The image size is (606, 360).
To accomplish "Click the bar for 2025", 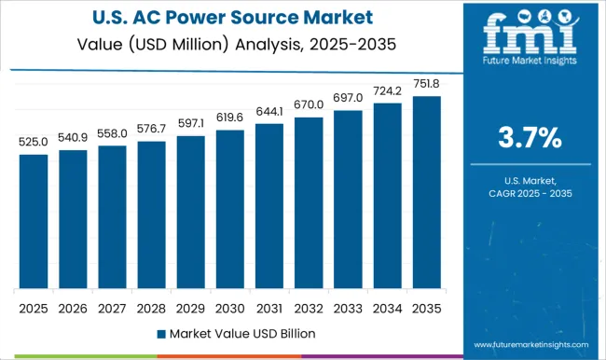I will pyautogui.click(x=34, y=221).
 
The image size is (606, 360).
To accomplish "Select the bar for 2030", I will pyautogui.click(x=229, y=209).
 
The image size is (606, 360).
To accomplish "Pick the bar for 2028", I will pyautogui.click(x=151, y=215).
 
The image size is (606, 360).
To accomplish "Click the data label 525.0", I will pyautogui.click(x=34, y=141).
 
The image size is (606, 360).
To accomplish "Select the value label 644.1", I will pyautogui.click(x=269, y=110).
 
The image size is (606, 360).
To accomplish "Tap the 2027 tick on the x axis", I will pyautogui.click(x=112, y=307).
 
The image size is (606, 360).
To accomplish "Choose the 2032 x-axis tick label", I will pyautogui.click(x=308, y=307).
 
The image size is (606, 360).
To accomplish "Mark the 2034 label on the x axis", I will pyautogui.click(x=386, y=307).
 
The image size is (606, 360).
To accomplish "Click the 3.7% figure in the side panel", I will pyautogui.click(x=529, y=139).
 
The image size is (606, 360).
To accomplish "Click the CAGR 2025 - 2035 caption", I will pyautogui.click(x=529, y=192).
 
